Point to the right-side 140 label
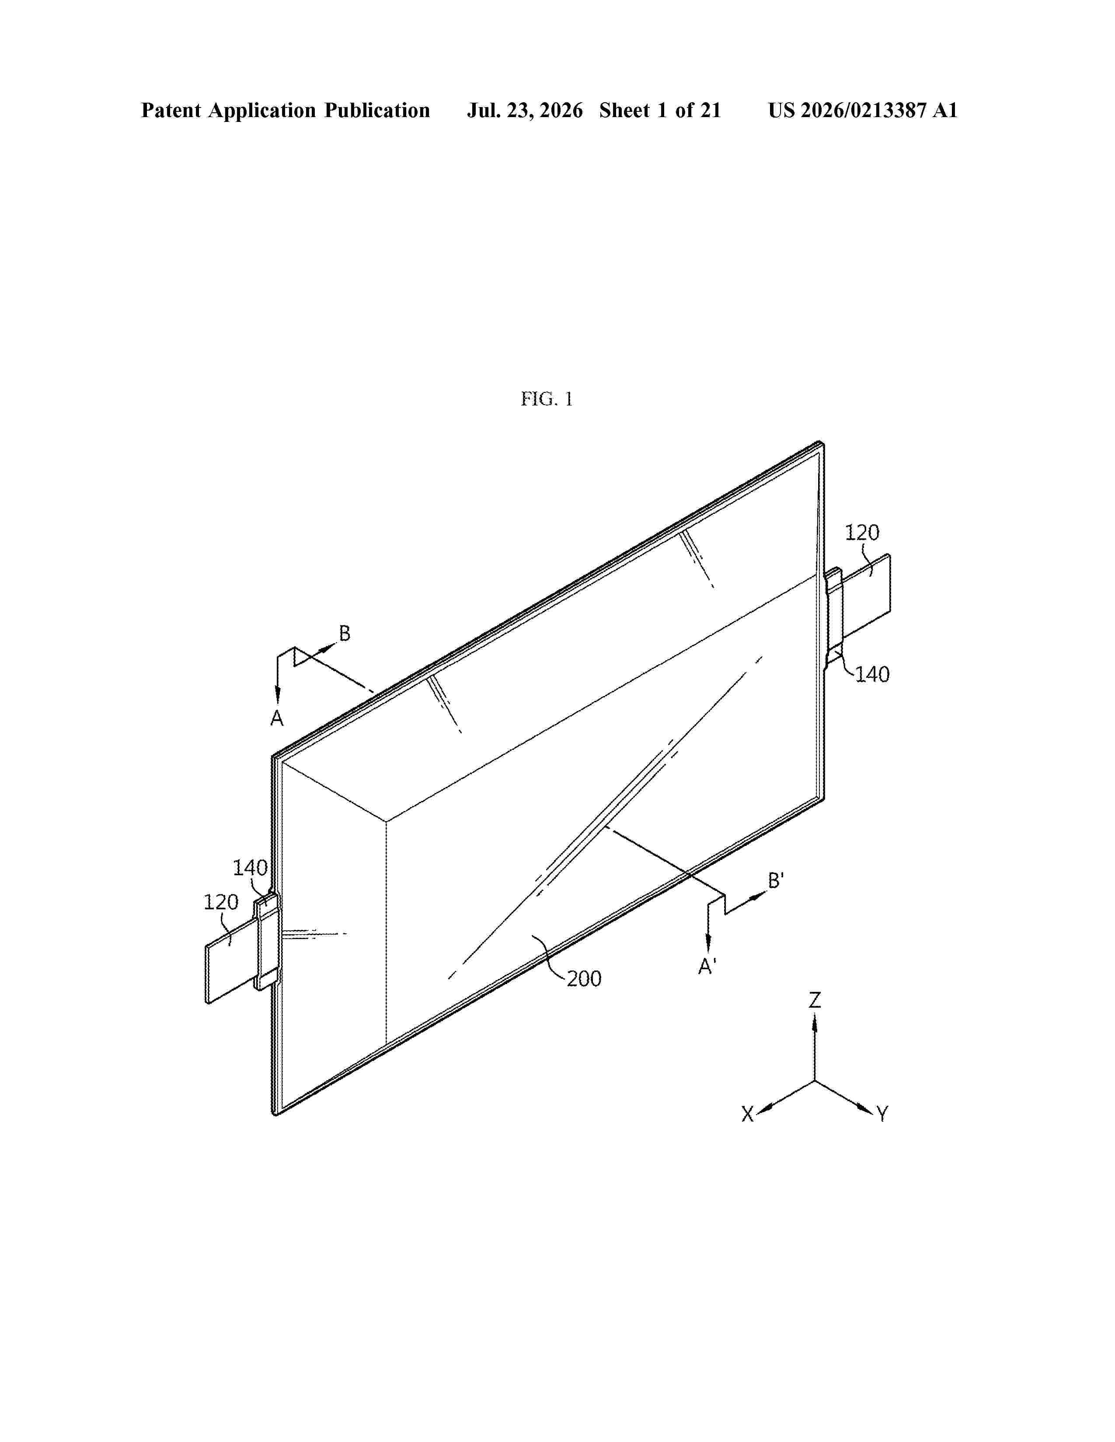(873, 674)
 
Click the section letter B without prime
(345, 634)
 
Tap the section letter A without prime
(277, 718)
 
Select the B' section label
(776, 881)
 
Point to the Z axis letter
(815, 1001)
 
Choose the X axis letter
(747, 1115)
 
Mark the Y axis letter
(882, 1115)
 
